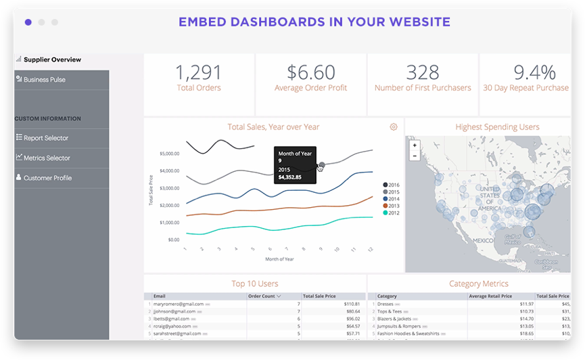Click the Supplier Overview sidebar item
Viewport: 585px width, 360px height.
52,60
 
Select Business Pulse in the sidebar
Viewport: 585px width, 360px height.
44,80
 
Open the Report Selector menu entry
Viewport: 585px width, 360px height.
46,138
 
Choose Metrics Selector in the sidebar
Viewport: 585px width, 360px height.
47,158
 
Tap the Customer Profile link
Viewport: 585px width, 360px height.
47,178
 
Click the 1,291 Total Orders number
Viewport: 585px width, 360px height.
199,72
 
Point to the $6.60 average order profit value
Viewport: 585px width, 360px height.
310,72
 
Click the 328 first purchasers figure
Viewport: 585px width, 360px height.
423,72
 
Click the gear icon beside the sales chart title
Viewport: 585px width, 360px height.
394,127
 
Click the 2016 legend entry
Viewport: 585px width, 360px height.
392,185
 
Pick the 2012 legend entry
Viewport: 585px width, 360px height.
392,212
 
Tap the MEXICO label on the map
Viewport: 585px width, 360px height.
484,240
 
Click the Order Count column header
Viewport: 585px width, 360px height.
264,296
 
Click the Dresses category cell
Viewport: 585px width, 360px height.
390,305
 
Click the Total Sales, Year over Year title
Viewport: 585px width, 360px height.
273,127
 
